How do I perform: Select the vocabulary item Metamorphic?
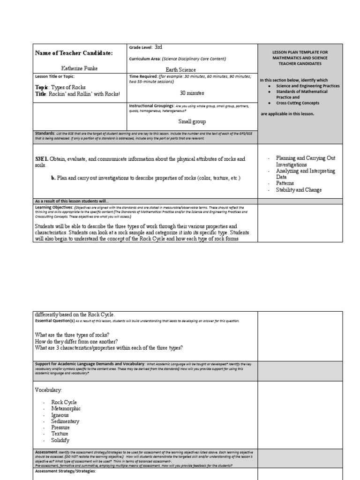[66, 409]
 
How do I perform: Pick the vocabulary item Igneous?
[60, 415]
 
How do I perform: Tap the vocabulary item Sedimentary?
[65, 421]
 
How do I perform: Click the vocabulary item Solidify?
[60, 441]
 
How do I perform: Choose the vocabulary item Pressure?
[60, 428]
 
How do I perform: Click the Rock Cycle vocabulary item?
[64, 403]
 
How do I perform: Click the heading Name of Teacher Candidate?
[74, 53]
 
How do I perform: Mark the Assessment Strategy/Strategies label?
[65, 471]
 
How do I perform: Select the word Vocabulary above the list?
[48, 390]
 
